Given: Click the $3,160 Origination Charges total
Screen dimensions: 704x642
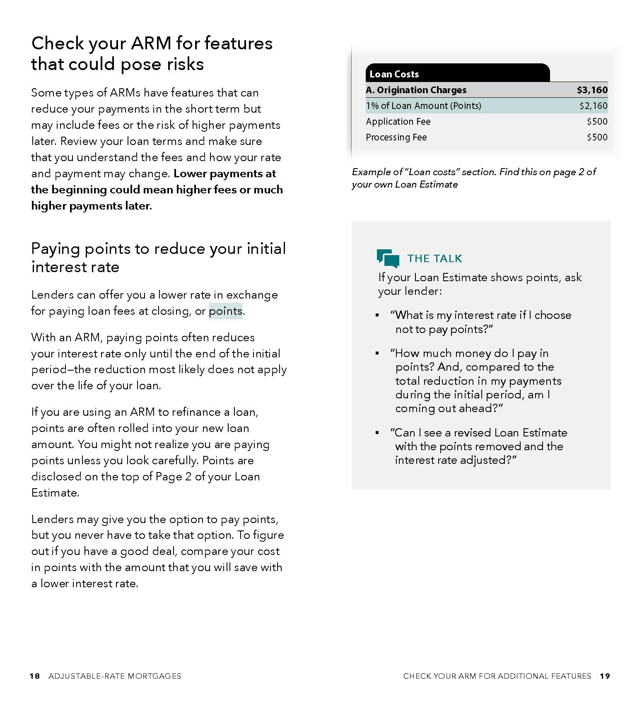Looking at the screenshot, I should point(592,90).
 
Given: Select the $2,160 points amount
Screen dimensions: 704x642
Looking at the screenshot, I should point(593,106).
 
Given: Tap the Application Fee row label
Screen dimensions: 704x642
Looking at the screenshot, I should point(398,121).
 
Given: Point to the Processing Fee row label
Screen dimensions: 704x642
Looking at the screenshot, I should point(396,137).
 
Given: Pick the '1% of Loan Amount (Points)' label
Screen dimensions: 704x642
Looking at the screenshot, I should point(423,106).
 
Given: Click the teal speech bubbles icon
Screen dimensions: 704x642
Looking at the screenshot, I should point(388,258).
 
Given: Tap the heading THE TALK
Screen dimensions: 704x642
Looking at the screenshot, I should point(434,258).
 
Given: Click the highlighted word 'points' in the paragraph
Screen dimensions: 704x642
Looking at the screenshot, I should point(225,311).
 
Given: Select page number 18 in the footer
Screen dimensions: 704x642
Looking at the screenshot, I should point(35,676).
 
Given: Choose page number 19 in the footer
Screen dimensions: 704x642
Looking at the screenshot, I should point(605,676).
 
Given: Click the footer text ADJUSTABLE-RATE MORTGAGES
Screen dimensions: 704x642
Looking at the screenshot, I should point(115,676).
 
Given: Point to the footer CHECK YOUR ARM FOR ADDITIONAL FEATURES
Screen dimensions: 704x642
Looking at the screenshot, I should point(497,676).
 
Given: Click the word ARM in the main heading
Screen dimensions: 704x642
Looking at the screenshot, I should point(151,43).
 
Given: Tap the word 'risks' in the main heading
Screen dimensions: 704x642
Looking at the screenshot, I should point(185,64).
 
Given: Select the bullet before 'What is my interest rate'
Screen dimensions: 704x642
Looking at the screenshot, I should point(377,316).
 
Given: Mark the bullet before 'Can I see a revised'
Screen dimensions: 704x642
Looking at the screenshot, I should point(377,433).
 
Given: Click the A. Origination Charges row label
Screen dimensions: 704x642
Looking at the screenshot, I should point(416,90).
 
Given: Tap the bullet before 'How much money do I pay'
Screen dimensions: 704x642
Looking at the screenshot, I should point(377,353).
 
